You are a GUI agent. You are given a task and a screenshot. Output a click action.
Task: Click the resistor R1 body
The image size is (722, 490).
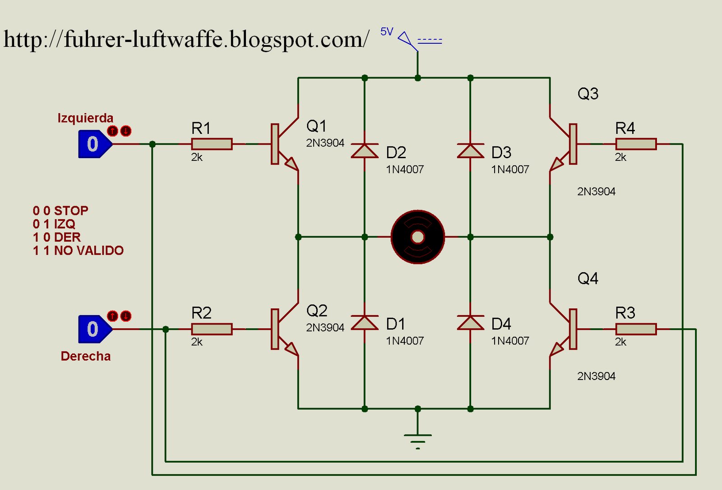click(212, 144)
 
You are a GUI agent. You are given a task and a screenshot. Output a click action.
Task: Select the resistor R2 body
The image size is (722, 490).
click(212, 329)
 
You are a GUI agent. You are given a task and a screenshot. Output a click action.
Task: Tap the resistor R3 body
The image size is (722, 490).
click(635, 329)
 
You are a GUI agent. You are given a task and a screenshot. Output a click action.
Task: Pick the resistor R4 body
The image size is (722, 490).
click(635, 144)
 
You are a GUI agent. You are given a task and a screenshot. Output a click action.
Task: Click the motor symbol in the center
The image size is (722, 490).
click(418, 237)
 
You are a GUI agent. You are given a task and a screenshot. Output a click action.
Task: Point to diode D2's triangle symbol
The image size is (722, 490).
click(365, 151)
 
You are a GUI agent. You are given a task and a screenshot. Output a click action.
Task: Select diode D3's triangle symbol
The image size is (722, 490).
click(470, 151)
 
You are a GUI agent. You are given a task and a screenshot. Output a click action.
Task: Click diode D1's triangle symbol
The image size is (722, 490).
click(365, 323)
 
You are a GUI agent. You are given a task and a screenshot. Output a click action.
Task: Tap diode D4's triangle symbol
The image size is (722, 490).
click(470, 323)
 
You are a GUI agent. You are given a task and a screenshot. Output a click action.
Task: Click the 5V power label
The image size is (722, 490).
click(387, 32)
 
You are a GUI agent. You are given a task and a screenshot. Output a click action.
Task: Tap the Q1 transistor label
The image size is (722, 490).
click(316, 126)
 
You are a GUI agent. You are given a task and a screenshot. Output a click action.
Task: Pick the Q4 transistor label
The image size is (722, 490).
click(588, 279)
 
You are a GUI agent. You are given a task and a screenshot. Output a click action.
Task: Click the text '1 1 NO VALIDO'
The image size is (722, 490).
click(78, 251)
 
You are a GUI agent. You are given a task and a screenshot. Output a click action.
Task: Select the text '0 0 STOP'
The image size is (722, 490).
click(60, 211)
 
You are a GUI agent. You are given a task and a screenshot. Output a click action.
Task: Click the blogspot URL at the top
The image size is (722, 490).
click(186, 40)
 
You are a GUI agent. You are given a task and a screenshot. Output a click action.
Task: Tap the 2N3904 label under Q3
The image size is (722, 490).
click(596, 192)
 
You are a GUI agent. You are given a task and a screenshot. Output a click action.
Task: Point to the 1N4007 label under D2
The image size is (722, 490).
click(405, 169)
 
